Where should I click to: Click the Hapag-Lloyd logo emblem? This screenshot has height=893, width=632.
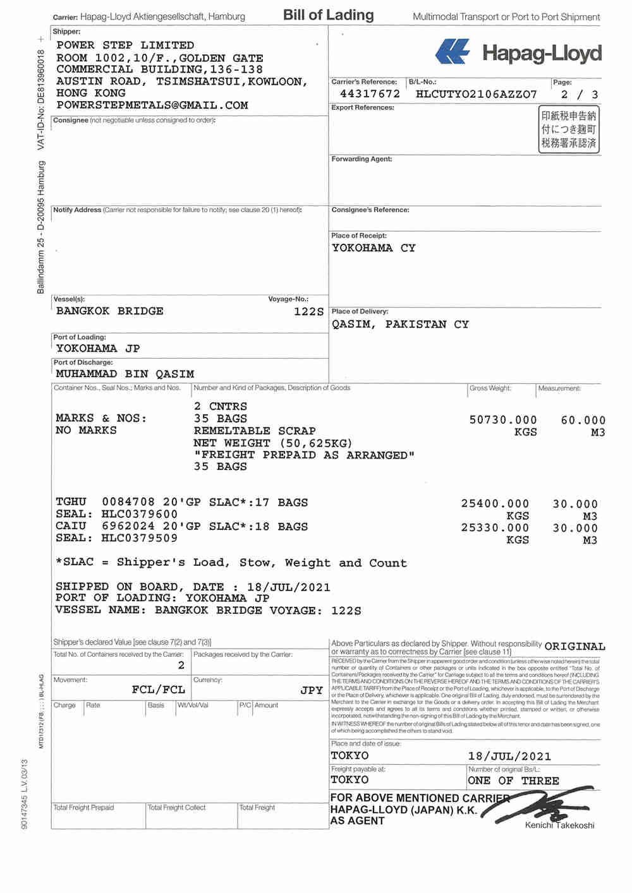pyautogui.click(x=453, y=52)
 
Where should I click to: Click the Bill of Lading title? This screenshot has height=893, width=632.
pyautogui.click(x=328, y=15)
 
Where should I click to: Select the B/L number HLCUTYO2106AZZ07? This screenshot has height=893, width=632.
pyautogui.click(x=476, y=94)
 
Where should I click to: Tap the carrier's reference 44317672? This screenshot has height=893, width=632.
pyautogui.click(x=370, y=94)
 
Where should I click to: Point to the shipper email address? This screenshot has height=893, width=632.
pyautogui.click(x=152, y=105)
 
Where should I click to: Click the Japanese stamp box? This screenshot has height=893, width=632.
pyautogui.click(x=568, y=129)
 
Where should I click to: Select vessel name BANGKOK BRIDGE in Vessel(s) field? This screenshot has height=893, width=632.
pyautogui.click(x=109, y=311)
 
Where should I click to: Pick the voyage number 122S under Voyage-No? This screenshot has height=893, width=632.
pyautogui.click(x=308, y=311)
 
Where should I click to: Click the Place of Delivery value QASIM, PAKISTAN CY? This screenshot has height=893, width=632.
pyautogui.click(x=400, y=324)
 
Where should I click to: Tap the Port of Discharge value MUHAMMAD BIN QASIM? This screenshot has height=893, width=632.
pyautogui.click(x=125, y=374)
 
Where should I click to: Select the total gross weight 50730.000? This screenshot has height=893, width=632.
pyautogui.click(x=502, y=420)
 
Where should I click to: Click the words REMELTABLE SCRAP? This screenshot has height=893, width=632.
pyautogui.click(x=255, y=431)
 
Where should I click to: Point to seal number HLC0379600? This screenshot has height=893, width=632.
pyautogui.click(x=140, y=514)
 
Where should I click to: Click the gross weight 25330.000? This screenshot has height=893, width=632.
pyautogui.click(x=495, y=528)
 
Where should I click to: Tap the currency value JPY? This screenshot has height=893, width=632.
pyautogui.click(x=311, y=690)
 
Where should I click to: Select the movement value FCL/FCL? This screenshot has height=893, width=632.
pyautogui.click(x=158, y=690)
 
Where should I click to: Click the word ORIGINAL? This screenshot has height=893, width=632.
pyautogui.click(x=574, y=646)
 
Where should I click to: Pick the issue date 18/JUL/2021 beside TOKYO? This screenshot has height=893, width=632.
pyautogui.click(x=509, y=756)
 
